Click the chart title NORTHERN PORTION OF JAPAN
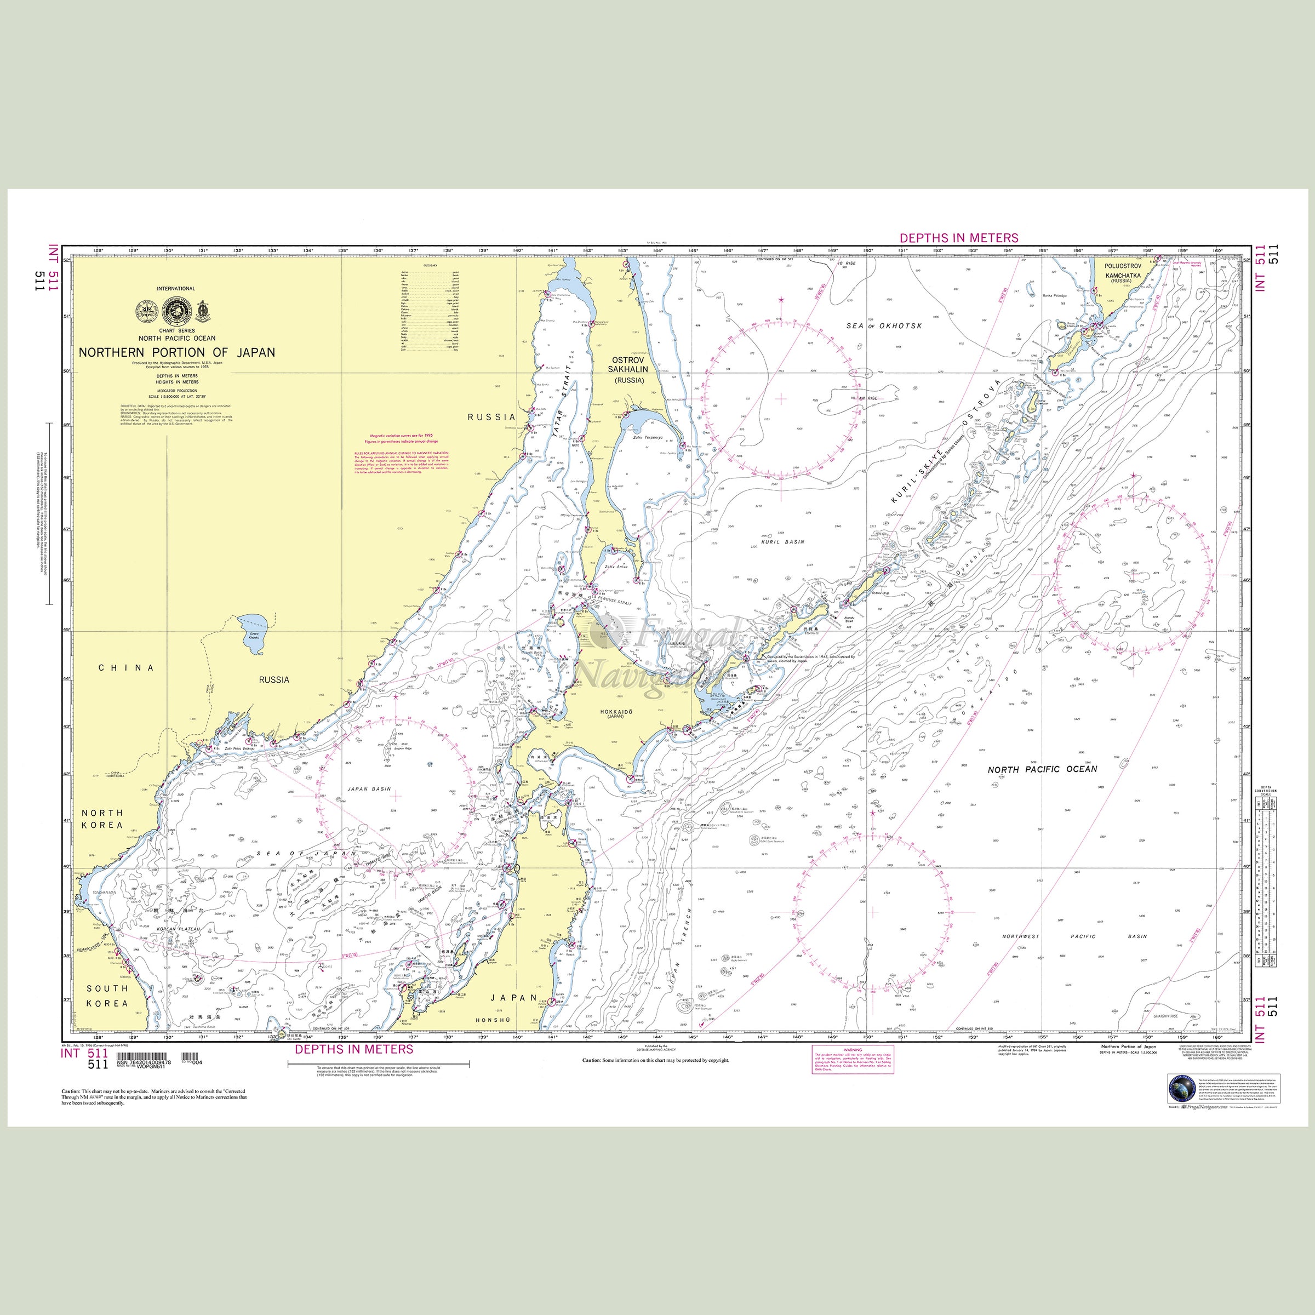coord(177,352)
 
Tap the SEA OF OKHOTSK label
coord(884,326)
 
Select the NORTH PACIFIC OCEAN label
coord(1042,769)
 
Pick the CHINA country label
coord(127,668)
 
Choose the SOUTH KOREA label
coord(107,996)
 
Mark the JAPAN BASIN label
coord(370,789)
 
